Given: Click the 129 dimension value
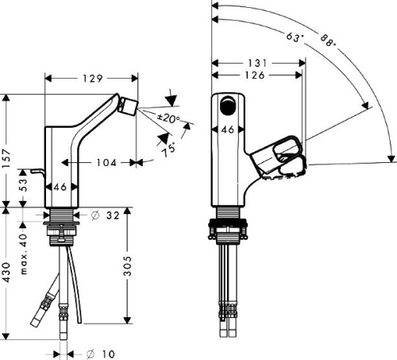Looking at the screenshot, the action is click(x=93, y=79).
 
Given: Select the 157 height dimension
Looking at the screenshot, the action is click(x=6, y=158).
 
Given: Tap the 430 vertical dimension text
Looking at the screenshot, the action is click(x=6, y=273).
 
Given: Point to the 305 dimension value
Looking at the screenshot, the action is click(x=128, y=266).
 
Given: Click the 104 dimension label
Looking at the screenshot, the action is click(x=106, y=163).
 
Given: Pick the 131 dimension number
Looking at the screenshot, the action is click(x=257, y=63).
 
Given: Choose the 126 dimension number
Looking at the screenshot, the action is click(x=255, y=75).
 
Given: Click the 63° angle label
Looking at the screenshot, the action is click(x=295, y=37).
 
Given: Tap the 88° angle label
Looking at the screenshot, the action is click(x=328, y=41).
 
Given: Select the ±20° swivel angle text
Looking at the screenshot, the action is click(x=168, y=118).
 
